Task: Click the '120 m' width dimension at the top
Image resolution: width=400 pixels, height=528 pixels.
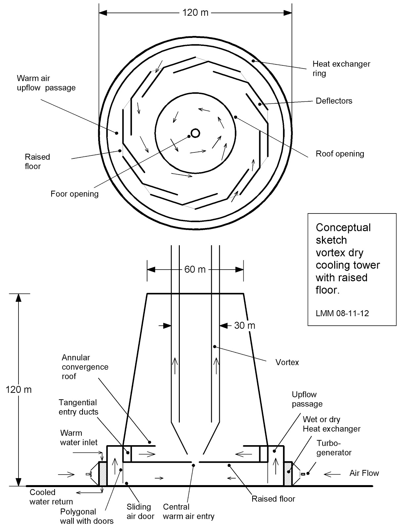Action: (195, 13)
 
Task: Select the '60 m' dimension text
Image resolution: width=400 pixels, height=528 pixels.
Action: (195, 270)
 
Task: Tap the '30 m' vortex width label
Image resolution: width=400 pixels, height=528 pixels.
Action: (245, 326)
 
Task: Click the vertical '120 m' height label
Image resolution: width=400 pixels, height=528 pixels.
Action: (19, 390)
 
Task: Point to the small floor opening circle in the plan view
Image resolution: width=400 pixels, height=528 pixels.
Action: (195, 133)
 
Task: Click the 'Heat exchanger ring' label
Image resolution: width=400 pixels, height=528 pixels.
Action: (341, 69)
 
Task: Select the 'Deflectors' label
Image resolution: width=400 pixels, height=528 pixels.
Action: (334, 101)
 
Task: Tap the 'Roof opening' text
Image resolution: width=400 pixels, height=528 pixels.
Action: (340, 154)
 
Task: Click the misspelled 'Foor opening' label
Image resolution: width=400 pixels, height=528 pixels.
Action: (74, 194)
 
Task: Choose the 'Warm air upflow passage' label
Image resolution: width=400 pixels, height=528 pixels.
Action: (46, 83)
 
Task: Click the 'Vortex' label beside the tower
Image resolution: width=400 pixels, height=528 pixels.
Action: (287, 362)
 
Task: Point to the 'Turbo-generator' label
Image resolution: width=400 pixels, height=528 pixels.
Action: (334, 448)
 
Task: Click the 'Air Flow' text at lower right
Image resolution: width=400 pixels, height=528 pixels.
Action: (364, 473)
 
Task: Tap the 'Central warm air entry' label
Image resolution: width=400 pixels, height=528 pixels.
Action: (188, 511)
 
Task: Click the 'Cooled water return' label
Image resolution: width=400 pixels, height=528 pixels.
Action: (51, 497)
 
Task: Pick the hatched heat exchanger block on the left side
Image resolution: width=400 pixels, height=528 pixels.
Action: (103, 474)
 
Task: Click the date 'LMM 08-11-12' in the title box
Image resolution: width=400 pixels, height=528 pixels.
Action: (342, 313)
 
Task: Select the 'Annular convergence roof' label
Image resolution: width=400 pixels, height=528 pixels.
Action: (85, 367)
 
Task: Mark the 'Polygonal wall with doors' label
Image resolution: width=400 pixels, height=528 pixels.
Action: (87, 516)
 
